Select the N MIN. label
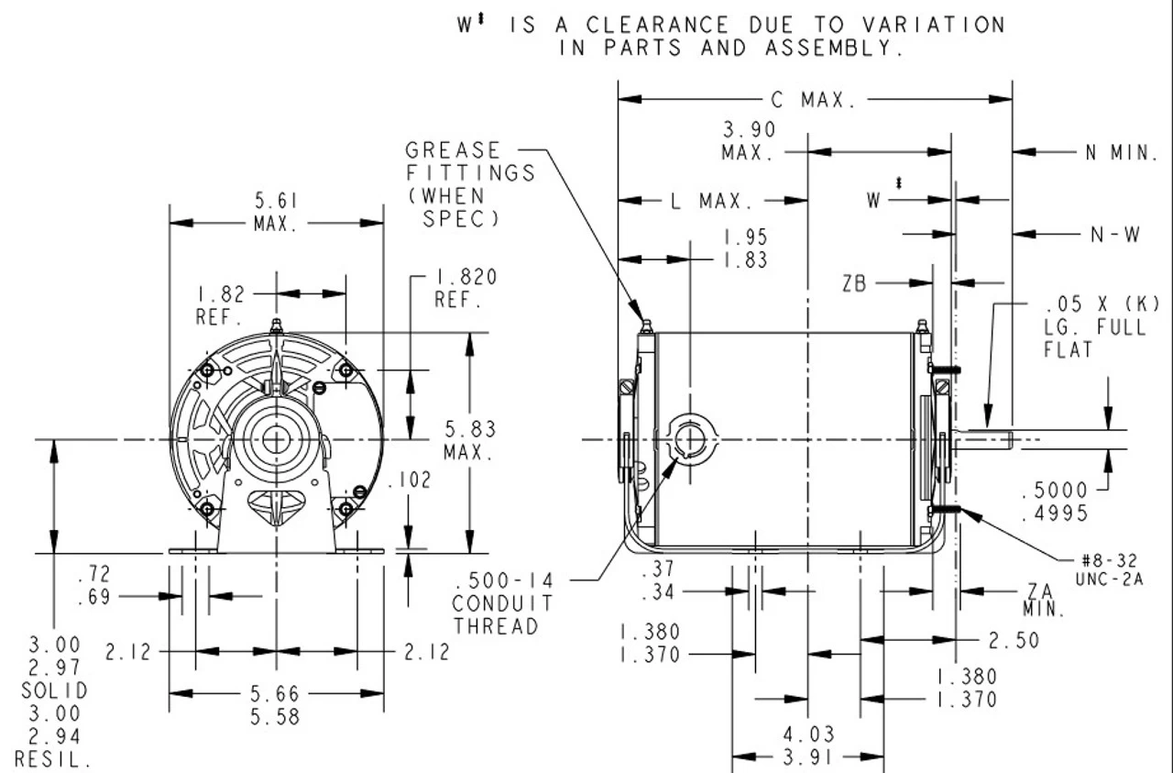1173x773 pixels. (x=1122, y=153)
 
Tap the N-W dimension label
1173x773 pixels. (x=1115, y=235)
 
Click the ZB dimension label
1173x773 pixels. (x=854, y=284)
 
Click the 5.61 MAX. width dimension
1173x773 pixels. (x=276, y=212)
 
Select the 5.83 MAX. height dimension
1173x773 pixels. (x=470, y=440)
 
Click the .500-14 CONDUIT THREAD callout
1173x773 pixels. (x=502, y=603)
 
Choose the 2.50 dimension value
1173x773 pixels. (x=1014, y=639)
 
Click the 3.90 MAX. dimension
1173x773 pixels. (x=748, y=141)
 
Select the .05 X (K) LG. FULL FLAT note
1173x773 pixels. (x=1095, y=326)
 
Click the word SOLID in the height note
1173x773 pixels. (x=55, y=690)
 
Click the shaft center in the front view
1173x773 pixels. (x=274, y=439)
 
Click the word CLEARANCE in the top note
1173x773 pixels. (x=658, y=26)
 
